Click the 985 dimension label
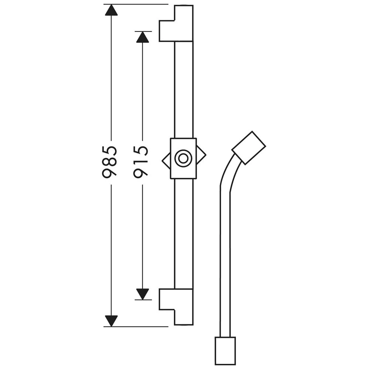[x=110, y=162]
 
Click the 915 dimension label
[x=141, y=162]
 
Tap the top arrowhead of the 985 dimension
[x=111, y=10]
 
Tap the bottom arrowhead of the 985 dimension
[x=111, y=321]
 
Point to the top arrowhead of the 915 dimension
[x=142, y=37]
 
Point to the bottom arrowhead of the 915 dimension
[x=142, y=294]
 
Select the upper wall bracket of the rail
[x=176, y=24]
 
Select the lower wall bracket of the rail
[x=176, y=307]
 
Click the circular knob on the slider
[x=183, y=158]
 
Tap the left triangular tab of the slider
[x=166, y=161]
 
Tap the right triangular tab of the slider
[x=201, y=155]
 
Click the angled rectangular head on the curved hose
[x=249, y=148]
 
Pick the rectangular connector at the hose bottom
[x=225, y=351]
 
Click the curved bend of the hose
[x=228, y=169]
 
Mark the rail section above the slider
[x=184, y=90]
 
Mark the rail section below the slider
[x=184, y=234]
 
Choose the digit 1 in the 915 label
[x=141, y=162]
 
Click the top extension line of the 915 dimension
[x=143, y=31]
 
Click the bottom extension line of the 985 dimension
[x=136, y=327]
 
